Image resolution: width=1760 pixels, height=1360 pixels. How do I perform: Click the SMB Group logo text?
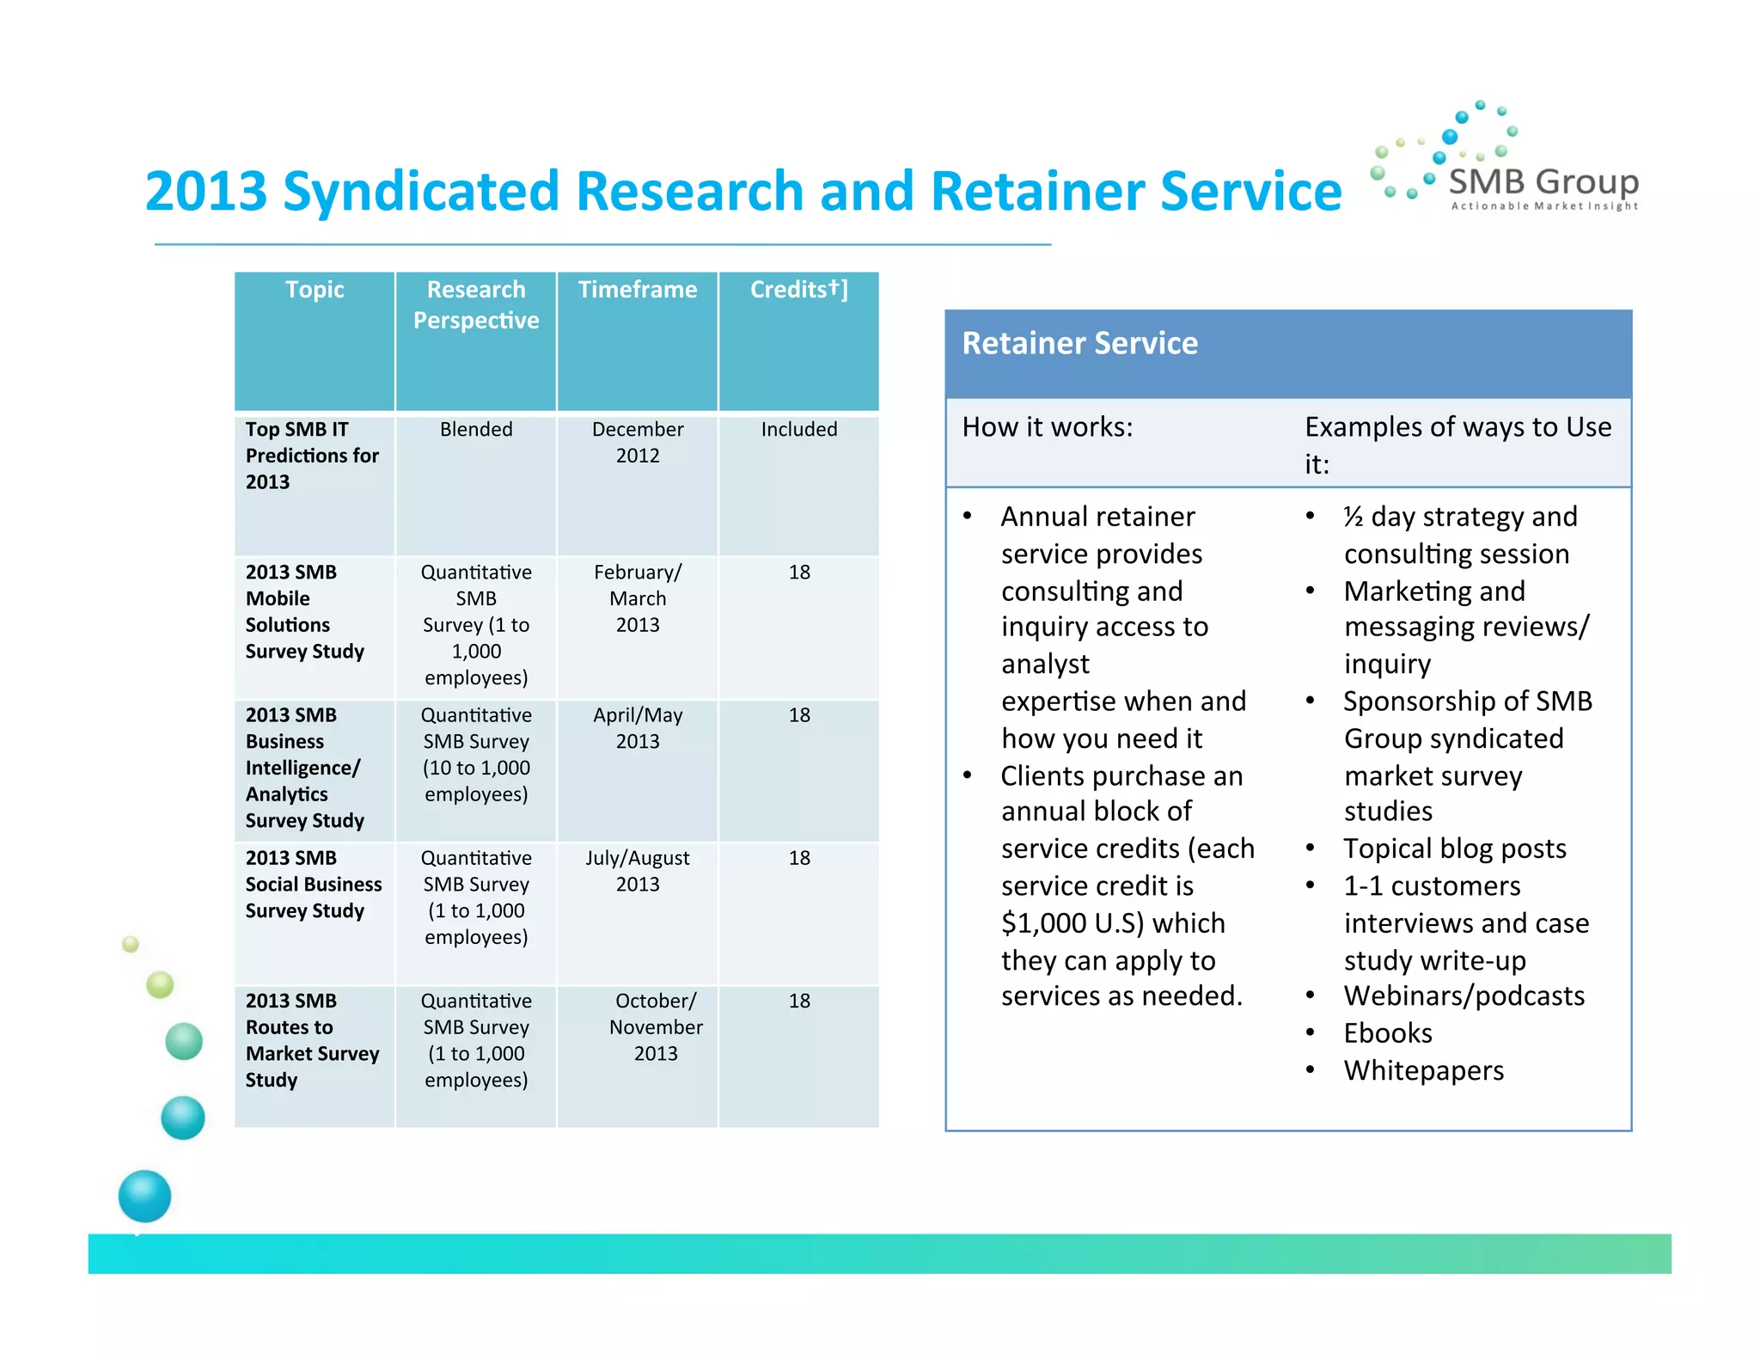click(1543, 182)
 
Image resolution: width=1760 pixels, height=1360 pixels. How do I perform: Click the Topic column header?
click(315, 290)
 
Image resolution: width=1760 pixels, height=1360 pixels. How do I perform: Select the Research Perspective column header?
click(476, 304)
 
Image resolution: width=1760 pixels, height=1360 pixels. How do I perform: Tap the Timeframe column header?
click(637, 290)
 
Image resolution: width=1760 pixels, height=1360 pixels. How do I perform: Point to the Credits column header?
click(798, 290)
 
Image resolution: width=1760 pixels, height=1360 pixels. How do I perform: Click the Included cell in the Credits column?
click(798, 429)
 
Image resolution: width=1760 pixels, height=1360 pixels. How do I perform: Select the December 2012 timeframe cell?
click(637, 442)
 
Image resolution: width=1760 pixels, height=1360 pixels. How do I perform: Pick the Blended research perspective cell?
click(476, 429)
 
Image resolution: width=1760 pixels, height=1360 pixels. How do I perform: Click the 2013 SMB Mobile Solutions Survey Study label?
click(304, 611)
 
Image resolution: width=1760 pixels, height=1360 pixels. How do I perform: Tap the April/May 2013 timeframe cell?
click(637, 727)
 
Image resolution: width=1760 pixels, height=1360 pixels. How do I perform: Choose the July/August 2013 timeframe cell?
click(637, 870)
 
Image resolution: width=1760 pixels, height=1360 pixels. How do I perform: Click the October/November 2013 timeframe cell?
click(655, 1026)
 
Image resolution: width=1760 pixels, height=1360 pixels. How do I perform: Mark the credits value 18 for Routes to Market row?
click(799, 1001)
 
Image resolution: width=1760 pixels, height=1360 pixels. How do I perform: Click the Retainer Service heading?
click(1079, 343)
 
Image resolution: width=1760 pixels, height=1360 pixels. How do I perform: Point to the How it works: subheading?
click(1047, 427)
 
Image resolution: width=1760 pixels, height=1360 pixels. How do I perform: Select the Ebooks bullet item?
click(1387, 1032)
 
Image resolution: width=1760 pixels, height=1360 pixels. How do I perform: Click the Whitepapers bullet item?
click(1423, 1070)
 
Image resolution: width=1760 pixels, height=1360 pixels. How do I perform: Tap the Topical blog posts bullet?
click(1454, 848)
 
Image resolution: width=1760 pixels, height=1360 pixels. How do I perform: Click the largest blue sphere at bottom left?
click(144, 1196)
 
